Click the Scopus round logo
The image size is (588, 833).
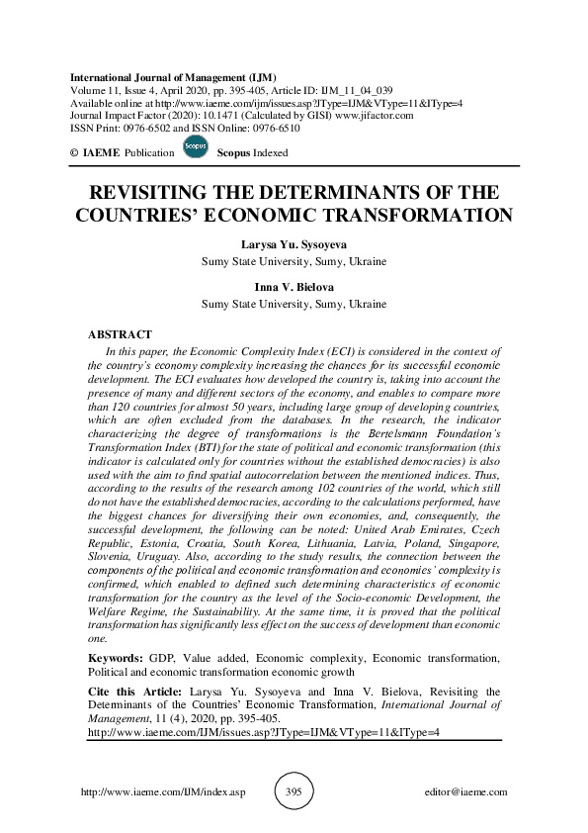(196, 149)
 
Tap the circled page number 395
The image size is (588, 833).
(294, 792)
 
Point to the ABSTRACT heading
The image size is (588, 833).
(120, 334)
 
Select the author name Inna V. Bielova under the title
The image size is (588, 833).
(294, 288)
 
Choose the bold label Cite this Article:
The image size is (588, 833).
(133, 692)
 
